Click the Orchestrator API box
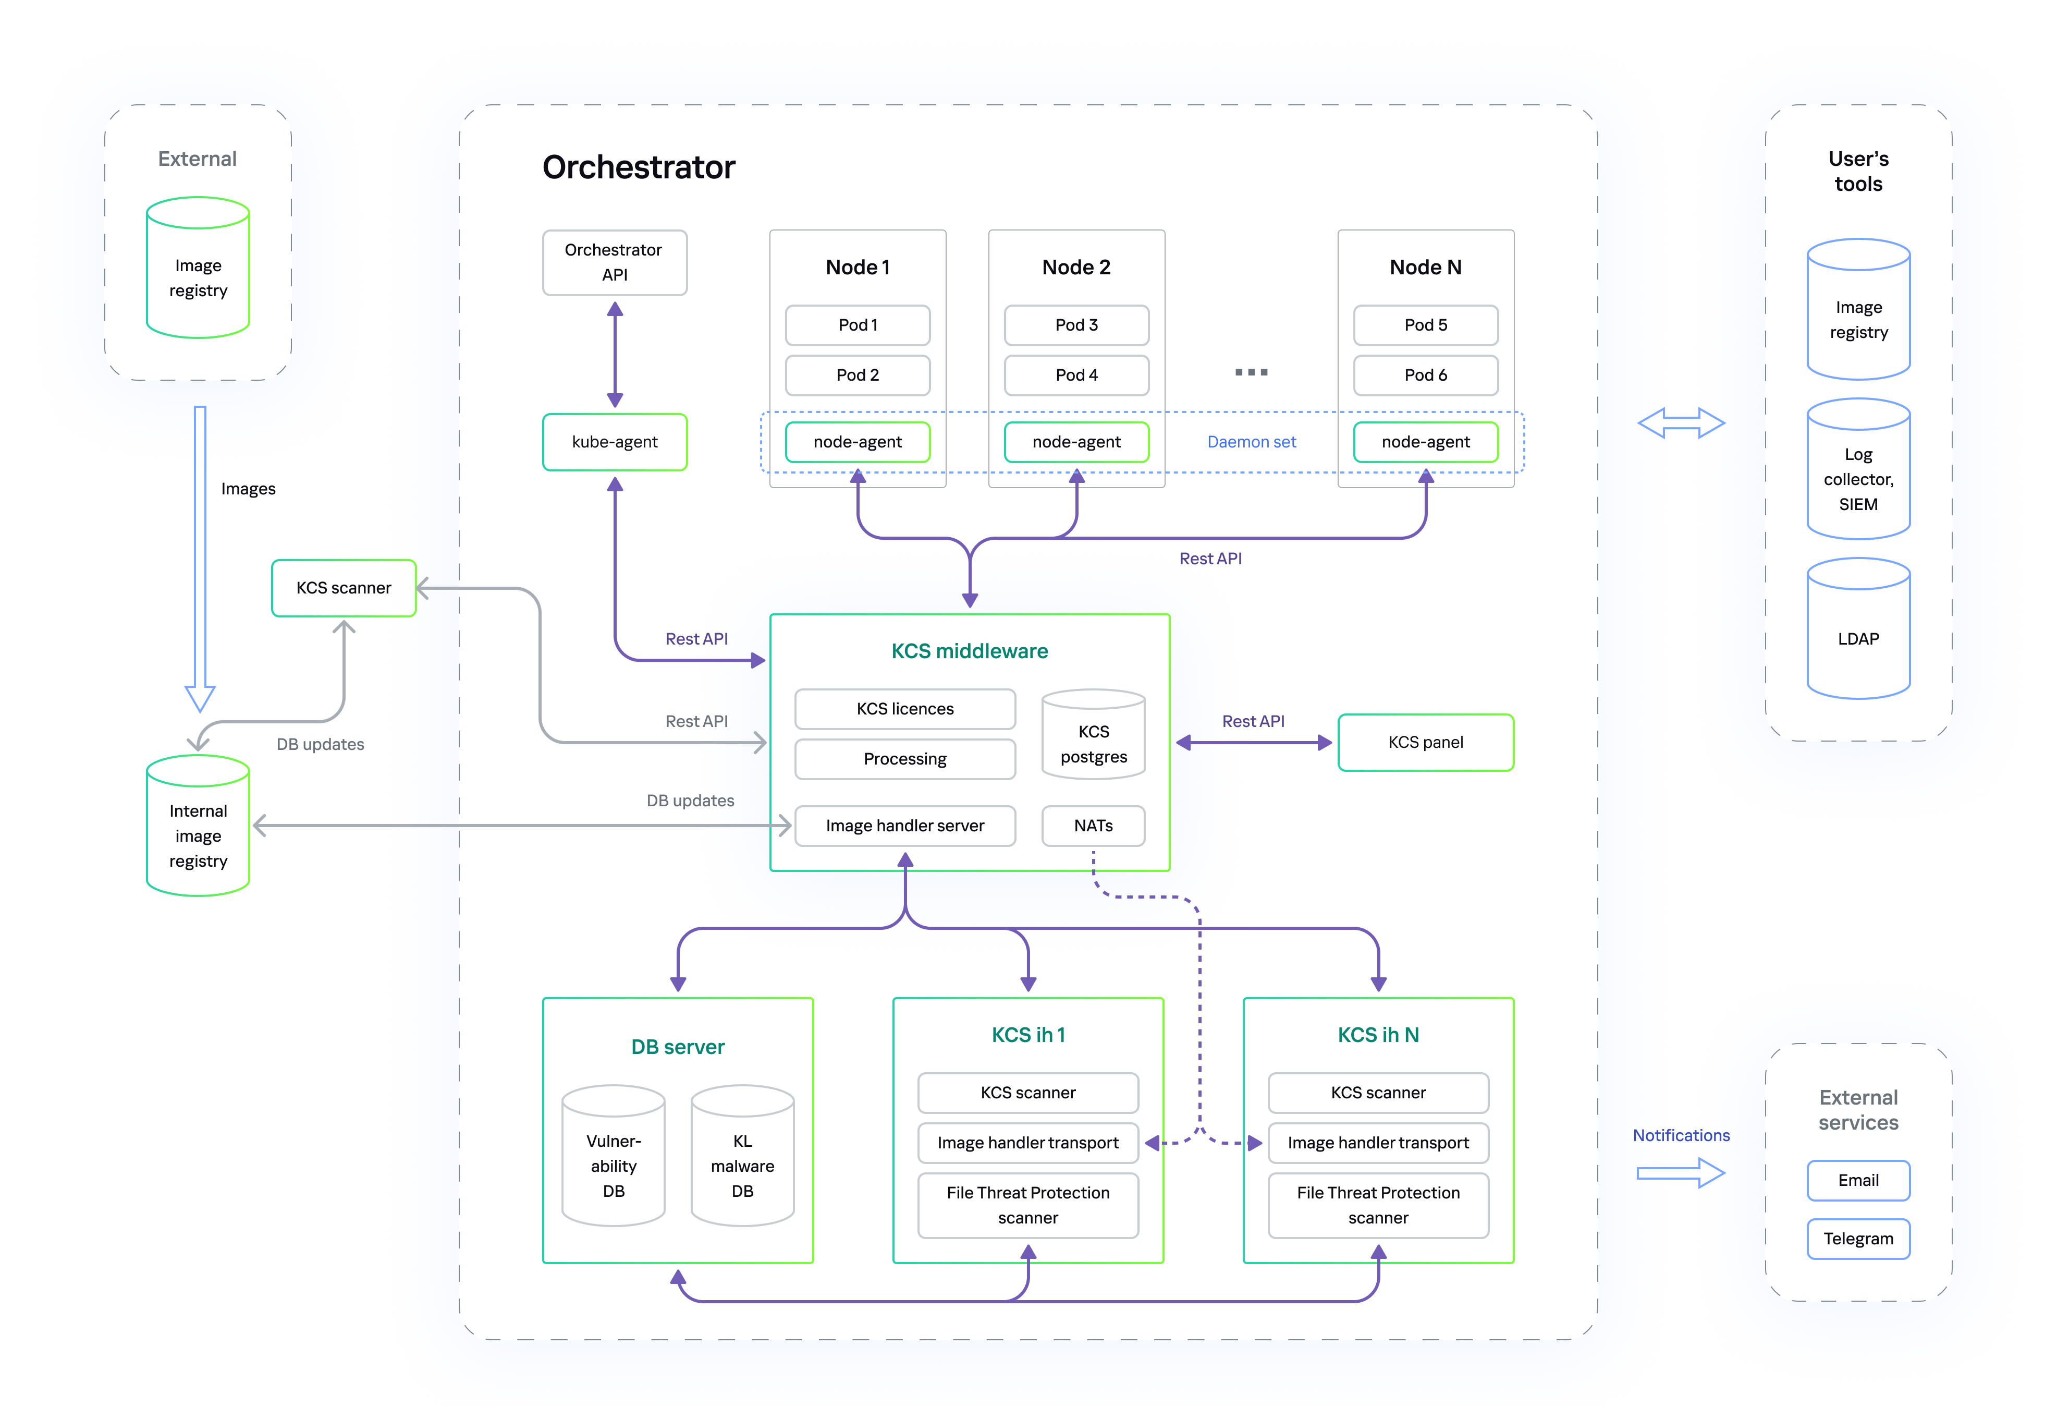point(614,262)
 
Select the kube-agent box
point(614,442)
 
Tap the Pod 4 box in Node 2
point(1076,374)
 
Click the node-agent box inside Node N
point(1425,442)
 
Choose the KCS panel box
point(1425,742)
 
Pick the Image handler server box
point(904,825)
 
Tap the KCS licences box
point(904,708)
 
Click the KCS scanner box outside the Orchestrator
point(344,588)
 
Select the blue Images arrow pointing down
point(200,558)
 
